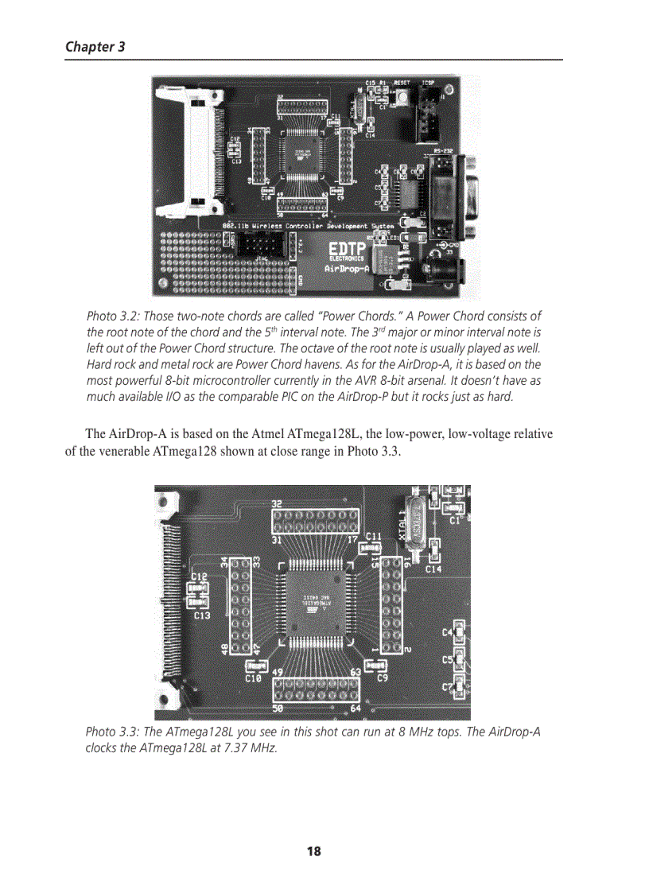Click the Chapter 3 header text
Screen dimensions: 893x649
95,46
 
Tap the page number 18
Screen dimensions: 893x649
314,852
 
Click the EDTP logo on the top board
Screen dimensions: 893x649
347,249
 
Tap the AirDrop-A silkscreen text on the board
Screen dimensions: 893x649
347,270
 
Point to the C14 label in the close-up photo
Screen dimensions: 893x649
433,569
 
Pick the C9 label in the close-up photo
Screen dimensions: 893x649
382,678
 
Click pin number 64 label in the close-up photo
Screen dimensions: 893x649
356,708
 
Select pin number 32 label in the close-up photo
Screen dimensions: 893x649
278,504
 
